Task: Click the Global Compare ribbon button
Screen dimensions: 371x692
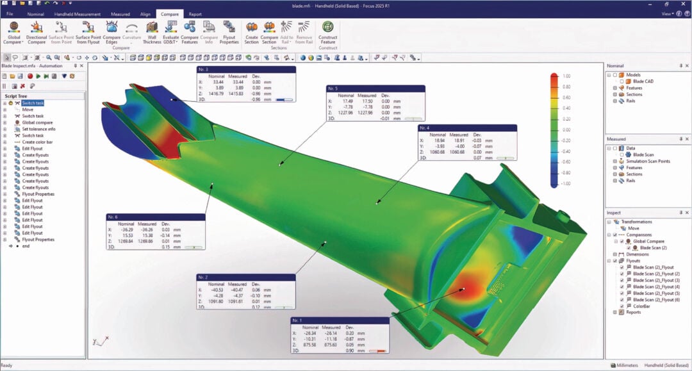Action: [x=14, y=32]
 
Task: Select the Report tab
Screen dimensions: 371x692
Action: [x=195, y=13]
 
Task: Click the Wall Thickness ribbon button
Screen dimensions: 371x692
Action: [x=152, y=32]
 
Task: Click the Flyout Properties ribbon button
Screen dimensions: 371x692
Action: [x=229, y=32]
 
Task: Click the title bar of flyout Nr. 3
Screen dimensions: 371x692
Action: [x=246, y=69]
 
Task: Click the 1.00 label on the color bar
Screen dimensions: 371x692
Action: [x=566, y=76]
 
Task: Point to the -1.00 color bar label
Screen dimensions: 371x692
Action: [x=564, y=184]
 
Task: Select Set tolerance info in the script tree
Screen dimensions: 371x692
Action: [x=38, y=129]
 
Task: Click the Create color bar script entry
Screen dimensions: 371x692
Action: [x=40, y=142]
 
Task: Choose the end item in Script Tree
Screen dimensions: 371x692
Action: [x=26, y=246]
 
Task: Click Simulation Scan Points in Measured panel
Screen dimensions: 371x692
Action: [x=648, y=161]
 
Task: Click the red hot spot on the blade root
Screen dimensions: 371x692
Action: [x=466, y=290]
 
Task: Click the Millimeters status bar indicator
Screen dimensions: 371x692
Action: [x=627, y=365]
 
